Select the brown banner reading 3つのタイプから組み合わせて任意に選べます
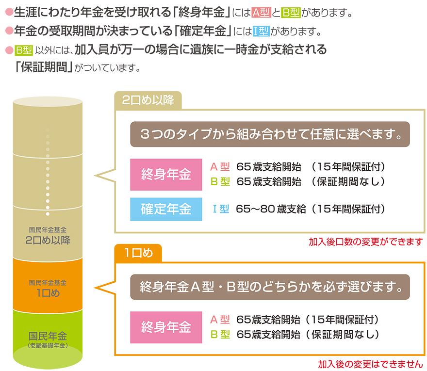[270, 134]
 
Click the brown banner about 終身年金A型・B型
[270, 287]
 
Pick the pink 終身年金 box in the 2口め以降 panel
[166, 175]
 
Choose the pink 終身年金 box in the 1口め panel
[166, 327]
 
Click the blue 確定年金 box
[166, 210]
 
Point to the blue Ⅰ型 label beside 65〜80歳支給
[220, 210]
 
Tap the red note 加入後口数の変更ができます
[365, 242]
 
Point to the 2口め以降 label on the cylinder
[48, 240]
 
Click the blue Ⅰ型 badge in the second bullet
[261, 32]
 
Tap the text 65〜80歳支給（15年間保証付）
[311, 210]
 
